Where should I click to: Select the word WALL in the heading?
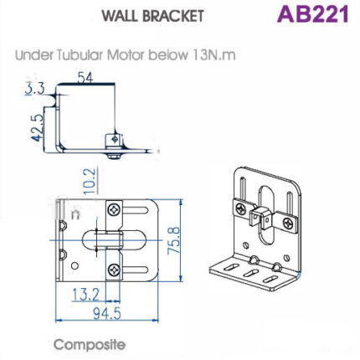point(119,16)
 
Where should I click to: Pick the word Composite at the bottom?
point(89,344)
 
